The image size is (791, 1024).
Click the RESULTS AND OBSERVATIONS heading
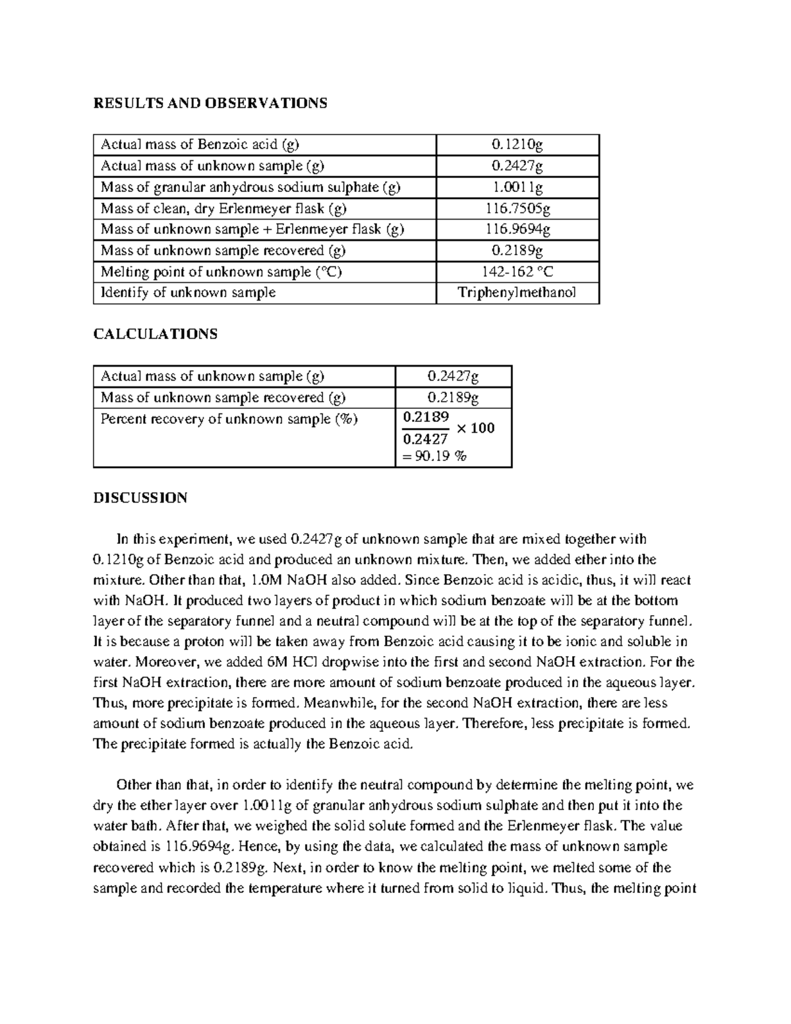(x=210, y=104)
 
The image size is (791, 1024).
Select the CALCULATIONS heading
(x=155, y=334)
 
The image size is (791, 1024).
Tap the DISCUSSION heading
(x=140, y=498)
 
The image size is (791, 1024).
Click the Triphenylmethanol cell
(x=517, y=293)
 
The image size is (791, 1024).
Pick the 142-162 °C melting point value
(x=517, y=272)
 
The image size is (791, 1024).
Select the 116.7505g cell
(x=517, y=208)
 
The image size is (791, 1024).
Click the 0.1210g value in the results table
(x=517, y=144)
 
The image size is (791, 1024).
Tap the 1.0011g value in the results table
(x=517, y=187)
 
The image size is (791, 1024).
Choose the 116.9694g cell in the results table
(x=517, y=229)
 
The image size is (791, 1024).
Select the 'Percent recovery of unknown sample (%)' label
(x=229, y=419)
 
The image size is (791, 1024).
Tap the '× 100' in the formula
(x=475, y=429)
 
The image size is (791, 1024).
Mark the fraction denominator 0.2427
(x=425, y=439)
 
